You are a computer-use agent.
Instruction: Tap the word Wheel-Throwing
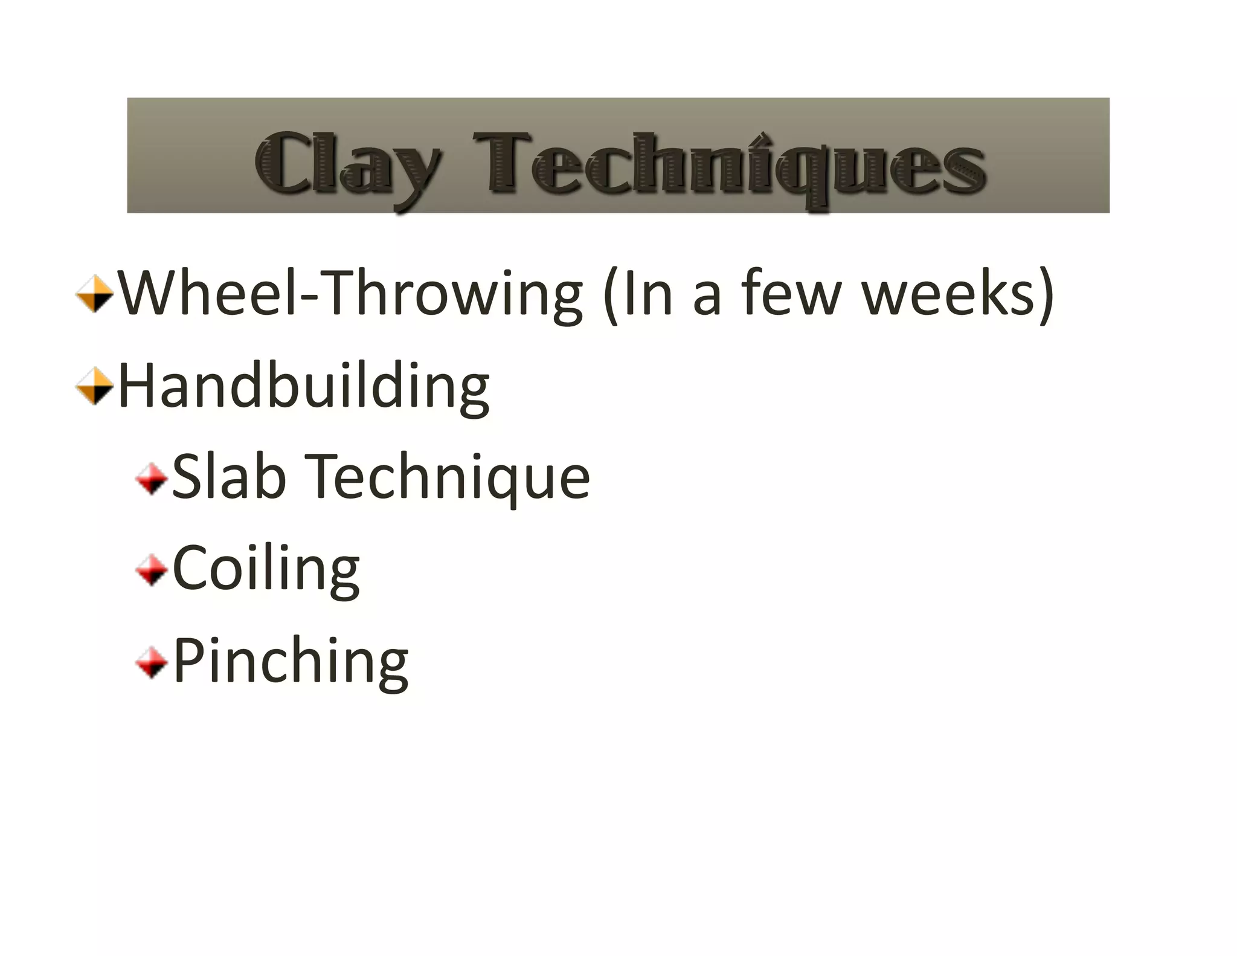tap(350, 294)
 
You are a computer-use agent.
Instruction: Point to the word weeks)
tap(957, 294)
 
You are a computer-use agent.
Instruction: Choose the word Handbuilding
tap(304, 387)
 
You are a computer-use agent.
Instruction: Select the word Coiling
tap(266, 569)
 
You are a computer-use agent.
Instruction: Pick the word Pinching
tap(291, 662)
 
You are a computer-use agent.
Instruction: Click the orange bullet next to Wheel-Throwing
tap(95, 294)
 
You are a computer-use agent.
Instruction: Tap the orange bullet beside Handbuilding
tap(95, 386)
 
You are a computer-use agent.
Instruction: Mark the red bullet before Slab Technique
tap(152, 479)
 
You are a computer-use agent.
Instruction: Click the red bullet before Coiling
tap(152, 570)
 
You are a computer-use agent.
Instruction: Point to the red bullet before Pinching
tap(152, 663)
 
